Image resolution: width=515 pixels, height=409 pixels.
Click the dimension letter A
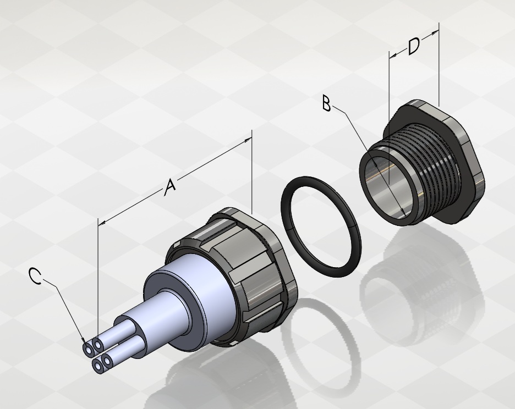pos(170,187)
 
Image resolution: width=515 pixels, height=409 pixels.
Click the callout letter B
pos(327,103)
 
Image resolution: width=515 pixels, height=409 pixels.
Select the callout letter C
pos(35,276)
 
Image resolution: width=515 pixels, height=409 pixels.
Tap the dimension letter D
pos(414,46)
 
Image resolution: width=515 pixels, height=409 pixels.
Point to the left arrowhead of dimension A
pos(102,223)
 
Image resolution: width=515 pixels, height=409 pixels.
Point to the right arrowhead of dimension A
pos(248,141)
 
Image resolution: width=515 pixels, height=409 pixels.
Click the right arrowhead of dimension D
pos(435,32)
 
